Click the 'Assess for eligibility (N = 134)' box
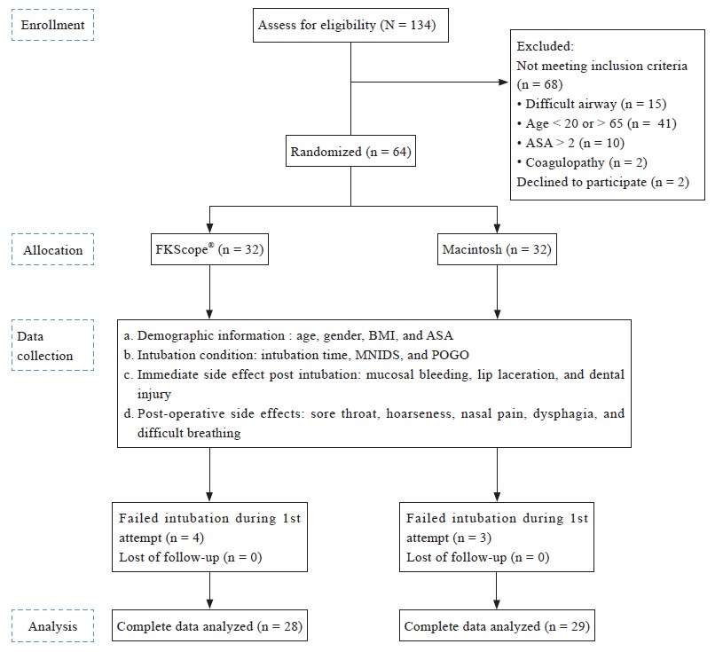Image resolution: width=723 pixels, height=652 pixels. click(x=350, y=26)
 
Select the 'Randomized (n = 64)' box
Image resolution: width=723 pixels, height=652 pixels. click(x=350, y=151)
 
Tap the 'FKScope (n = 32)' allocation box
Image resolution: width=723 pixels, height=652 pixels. click(x=209, y=249)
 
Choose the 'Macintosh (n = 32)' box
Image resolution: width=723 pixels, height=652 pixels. click(x=497, y=249)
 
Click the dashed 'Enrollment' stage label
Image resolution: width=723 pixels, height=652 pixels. click(x=52, y=25)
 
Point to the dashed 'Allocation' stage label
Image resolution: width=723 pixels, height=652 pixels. click(x=52, y=249)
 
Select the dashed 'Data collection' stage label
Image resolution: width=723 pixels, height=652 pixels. click(x=52, y=345)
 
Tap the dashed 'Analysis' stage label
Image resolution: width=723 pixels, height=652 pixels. click(x=52, y=625)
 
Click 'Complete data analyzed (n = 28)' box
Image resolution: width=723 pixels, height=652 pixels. click(x=209, y=625)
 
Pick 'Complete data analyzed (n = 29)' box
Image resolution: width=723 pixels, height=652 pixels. click(x=497, y=625)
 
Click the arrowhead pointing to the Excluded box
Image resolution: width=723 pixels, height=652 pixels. click(x=504, y=82)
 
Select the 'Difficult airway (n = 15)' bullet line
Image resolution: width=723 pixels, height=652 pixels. click(x=592, y=104)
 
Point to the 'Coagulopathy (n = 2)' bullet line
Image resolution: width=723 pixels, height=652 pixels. click(x=582, y=162)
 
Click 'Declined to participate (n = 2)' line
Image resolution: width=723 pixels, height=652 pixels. click(x=603, y=182)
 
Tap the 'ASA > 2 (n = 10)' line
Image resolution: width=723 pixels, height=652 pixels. click(x=570, y=143)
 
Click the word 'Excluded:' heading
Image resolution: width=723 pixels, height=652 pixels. click(x=545, y=46)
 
